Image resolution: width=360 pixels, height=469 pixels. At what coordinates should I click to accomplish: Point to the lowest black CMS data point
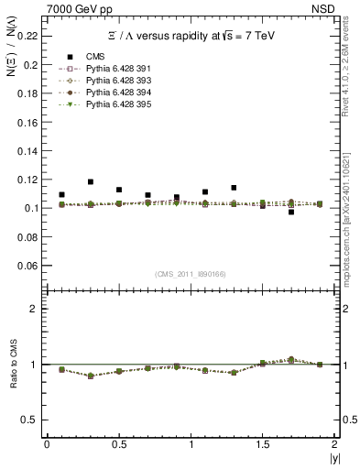[x=291, y=212]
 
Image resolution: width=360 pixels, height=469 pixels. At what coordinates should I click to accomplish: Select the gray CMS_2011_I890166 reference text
[x=190, y=273]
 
